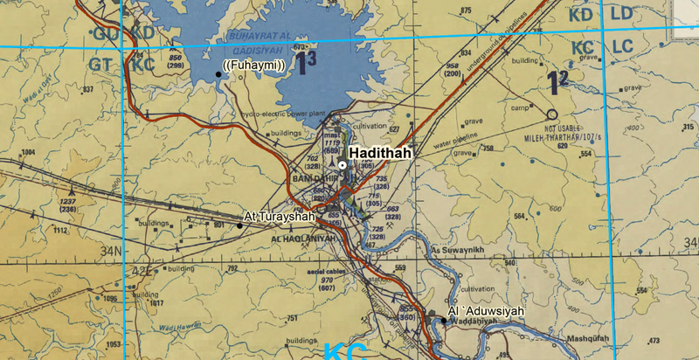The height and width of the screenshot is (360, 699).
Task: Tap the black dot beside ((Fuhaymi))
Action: (218, 75)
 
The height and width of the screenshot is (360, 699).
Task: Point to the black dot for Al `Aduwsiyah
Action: (444, 321)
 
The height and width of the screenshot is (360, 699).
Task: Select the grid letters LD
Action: (622, 15)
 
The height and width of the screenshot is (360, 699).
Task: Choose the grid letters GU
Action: (107, 33)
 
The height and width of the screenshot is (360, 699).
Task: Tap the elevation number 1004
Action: (28, 152)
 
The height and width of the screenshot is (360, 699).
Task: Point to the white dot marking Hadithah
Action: (343, 165)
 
